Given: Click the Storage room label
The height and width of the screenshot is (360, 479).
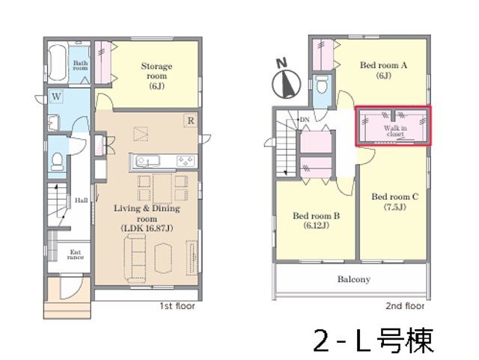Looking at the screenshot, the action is pyautogui.click(x=156, y=76).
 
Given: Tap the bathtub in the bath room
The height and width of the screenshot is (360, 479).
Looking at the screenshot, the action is pyautogui.click(x=58, y=64).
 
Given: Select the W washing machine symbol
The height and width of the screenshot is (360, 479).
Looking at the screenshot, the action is pyautogui.click(x=56, y=97).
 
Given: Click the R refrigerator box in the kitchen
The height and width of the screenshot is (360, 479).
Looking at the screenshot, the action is pyautogui.click(x=191, y=120).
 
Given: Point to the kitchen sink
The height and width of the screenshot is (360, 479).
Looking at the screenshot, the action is pyautogui.click(x=148, y=161).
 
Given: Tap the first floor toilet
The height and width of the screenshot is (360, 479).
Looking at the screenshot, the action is pyautogui.click(x=57, y=162).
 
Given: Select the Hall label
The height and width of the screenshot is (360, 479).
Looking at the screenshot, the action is pyautogui.click(x=82, y=201).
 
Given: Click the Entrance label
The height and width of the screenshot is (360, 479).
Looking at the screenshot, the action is pyautogui.click(x=76, y=254).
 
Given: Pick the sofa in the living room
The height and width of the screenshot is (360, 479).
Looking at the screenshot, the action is pyautogui.click(x=135, y=258).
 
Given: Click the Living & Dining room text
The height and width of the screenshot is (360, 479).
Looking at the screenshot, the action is pyautogui.click(x=147, y=213).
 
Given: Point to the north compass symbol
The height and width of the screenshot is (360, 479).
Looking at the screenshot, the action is pyautogui.click(x=286, y=80).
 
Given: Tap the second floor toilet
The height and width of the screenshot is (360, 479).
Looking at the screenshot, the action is pyautogui.click(x=323, y=84).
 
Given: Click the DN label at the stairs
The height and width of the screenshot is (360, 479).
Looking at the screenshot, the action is pyautogui.click(x=305, y=120).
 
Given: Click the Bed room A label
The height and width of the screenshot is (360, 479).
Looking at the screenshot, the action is pyautogui.click(x=383, y=65).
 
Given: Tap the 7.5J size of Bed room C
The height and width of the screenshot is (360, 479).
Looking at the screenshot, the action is pyautogui.click(x=394, y=207).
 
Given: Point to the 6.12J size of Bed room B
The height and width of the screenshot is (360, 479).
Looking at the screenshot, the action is pyautogui.click(x=316, y=226).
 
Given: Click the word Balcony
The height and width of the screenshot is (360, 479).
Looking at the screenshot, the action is pyautogui.click(x=354, y=279).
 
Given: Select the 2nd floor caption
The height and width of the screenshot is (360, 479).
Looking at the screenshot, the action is pyautogui.click(x=405, y=305).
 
